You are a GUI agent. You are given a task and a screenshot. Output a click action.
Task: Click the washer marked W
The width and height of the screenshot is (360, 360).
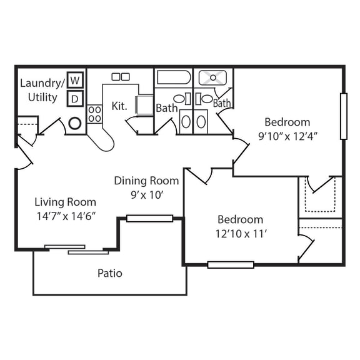coord(75,80)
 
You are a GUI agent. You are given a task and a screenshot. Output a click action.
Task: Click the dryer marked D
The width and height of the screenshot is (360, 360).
coord(75,99)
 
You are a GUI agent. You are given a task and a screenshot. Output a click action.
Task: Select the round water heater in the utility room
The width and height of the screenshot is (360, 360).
coord(75,123)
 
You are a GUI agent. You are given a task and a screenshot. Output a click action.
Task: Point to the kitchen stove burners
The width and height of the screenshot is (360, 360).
coord(95,113)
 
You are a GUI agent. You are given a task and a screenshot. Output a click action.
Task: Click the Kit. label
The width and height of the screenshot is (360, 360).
coord(119,106)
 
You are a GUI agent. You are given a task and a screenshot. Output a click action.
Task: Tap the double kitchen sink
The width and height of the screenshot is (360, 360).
coord(121,76)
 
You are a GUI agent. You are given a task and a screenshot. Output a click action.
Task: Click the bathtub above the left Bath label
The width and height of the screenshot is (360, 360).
coord(173,78)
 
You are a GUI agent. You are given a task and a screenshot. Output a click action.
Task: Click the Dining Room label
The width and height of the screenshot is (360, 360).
coord(146,181)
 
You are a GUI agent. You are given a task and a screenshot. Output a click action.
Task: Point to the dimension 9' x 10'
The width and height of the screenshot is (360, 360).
coord(146,195)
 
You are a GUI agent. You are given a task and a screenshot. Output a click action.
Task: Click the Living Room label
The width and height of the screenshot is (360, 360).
coord(65,202)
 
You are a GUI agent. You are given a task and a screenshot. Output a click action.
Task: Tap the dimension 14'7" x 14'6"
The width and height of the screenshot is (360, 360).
coord(65,216)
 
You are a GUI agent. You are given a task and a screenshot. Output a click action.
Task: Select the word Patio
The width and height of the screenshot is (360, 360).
coord(109,273)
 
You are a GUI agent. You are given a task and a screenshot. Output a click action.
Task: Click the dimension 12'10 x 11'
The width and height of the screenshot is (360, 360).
coord(240,234)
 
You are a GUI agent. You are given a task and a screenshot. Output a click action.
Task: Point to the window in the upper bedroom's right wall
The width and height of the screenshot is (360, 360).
coord(342,116)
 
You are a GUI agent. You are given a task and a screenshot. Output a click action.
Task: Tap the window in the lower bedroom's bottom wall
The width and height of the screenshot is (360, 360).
coord(231,264)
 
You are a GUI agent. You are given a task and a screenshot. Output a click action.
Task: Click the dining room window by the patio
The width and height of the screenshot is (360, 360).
coord(149,218)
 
